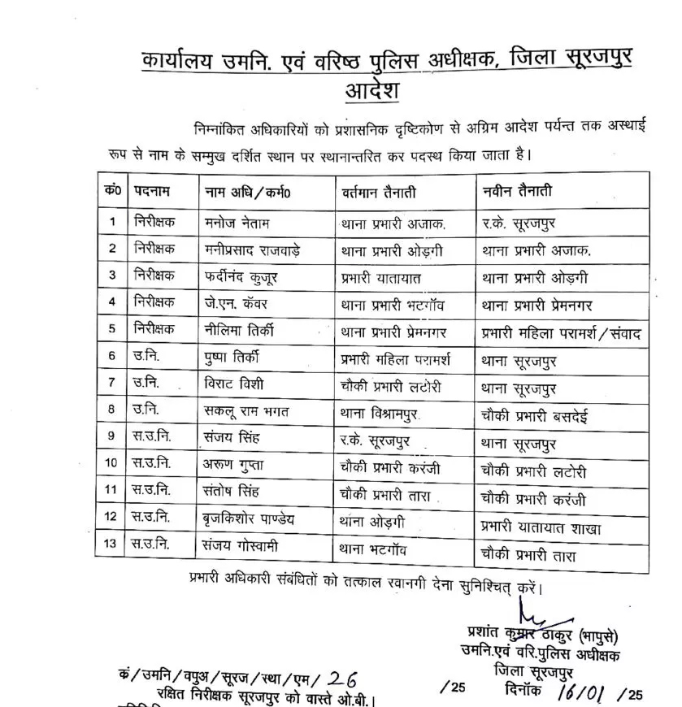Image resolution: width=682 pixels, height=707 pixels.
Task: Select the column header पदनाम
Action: click(152, 191)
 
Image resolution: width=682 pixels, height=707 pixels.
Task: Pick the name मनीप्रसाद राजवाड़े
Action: click(253, 249)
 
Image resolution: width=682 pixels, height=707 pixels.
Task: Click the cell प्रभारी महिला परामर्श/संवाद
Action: click(560, 332)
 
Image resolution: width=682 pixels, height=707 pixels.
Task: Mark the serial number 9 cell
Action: click(112, 445)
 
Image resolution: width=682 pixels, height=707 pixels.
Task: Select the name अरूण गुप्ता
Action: click(237, 472)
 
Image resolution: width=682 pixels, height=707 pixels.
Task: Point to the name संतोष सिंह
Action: click(236, 500)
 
